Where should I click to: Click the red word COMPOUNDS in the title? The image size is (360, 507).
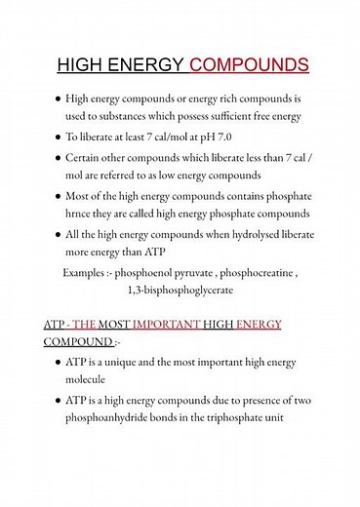pos(249,65)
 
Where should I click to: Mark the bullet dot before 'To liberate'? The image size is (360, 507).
pos(59,137)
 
